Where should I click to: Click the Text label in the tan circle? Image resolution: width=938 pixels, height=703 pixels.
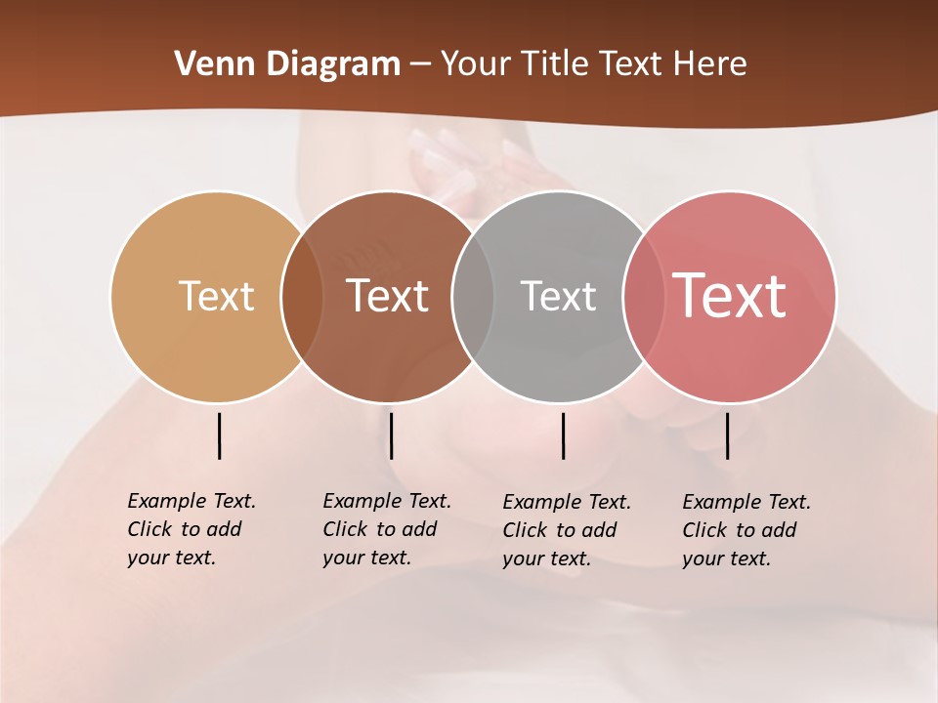[216, 296]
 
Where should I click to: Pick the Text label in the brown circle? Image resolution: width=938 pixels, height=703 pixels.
[387, 296]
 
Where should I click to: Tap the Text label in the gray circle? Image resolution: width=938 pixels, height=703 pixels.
[558, 296]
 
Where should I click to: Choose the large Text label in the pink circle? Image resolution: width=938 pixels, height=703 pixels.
[729, 296]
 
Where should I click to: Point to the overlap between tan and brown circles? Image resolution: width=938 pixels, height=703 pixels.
[301, 296]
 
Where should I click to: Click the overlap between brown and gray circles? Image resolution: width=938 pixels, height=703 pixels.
[472, 296]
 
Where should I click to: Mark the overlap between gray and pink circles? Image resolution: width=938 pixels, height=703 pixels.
[643, 296]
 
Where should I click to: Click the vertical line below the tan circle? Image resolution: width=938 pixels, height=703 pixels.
[220, 435]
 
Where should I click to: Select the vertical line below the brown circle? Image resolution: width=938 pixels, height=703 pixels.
[391, 435]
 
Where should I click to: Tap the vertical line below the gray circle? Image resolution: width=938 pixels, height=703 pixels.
[564, 435]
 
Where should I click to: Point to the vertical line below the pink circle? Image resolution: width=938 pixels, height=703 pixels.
[727, 435]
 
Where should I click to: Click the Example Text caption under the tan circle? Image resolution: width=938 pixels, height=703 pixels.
[191, 529]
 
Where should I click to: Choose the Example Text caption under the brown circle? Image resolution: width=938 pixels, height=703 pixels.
[386, 529]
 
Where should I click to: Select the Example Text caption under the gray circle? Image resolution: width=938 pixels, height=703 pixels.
[566, 530]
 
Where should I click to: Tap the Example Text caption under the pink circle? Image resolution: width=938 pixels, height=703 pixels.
[746, 530]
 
